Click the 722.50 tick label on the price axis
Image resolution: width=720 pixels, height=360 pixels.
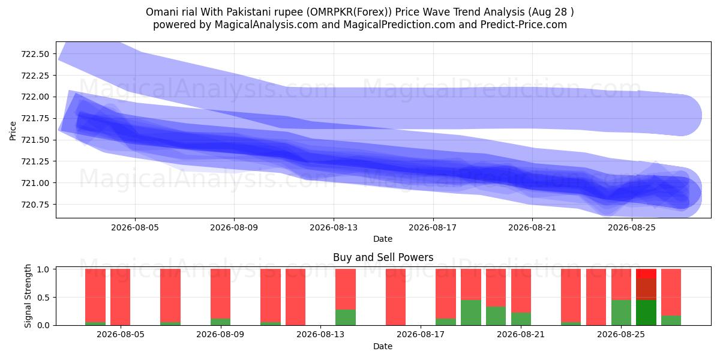point(35,54)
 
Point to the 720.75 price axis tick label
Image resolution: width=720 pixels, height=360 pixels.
point(35,205)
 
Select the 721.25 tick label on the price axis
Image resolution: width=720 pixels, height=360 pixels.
point(35,161)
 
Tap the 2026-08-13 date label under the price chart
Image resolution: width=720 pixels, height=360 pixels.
point(334,227)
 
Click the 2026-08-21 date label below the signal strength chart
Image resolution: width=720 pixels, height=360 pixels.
point(521,334)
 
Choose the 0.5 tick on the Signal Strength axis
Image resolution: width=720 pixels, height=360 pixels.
point(44,298)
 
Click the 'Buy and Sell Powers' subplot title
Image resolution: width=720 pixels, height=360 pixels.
point(383,257)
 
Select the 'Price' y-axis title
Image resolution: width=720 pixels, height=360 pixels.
point(13,131)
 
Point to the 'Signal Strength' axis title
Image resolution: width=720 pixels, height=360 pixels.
point(28,296)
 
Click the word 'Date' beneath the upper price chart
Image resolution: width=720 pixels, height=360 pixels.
point(383,239)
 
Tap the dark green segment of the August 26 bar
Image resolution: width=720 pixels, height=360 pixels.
point(646,313)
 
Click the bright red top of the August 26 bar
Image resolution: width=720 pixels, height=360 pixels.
point(646,274)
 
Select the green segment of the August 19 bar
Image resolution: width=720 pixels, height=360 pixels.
point(471,313)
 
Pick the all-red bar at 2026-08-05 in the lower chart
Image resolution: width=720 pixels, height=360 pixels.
point(120,297)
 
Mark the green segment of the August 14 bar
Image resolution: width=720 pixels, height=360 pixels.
point(346,317)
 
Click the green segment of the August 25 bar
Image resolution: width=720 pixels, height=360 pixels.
point(621,313)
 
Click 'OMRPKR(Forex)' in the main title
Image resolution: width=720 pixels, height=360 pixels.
point(349,12)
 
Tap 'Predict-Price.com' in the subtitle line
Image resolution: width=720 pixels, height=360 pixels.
point(524,25)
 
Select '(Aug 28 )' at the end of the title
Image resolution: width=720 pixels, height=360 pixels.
point(551,12)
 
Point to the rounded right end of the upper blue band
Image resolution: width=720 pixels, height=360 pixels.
point(697,115)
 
